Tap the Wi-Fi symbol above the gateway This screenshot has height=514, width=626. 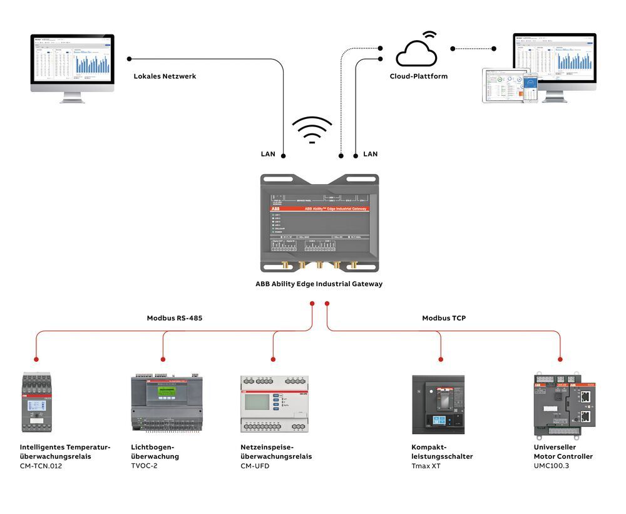point(312,130)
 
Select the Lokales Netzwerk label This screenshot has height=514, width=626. point(165,76)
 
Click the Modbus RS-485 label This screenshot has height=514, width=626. point(174,318)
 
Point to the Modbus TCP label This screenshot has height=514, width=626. point(443,318)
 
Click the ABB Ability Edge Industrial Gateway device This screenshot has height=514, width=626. point(319,224)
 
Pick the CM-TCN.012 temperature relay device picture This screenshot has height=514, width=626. point(39,403)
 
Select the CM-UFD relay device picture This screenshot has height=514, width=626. point(275,404)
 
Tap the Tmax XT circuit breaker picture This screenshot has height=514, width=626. point(438,404)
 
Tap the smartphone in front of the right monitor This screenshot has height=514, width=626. point(530,87)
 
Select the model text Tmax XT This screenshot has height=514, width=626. point(426,466)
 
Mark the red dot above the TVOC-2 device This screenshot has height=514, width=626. point(163,359)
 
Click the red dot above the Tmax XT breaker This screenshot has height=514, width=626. point(441,359)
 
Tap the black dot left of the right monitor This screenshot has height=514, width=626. point(494,48)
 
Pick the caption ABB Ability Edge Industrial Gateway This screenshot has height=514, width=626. point(319,284)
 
